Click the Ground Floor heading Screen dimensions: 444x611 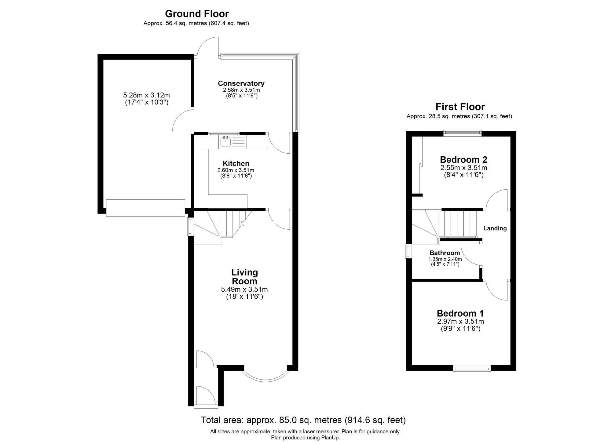tap(197, 14)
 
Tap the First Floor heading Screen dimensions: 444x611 tap(460, 107)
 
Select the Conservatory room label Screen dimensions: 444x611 tap(241, 83)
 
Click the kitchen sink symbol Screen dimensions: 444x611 tap(225, 142)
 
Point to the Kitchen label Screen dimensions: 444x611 tap(236, 163)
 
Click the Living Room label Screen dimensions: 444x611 tap(244, 277)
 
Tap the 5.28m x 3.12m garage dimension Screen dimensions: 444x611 tap(146, 95)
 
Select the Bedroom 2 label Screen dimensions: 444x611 tap(463, 159)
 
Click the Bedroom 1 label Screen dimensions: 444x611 tap(460, 313)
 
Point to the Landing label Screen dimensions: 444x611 tap(495, 228)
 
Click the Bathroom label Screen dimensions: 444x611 tap(445, 253)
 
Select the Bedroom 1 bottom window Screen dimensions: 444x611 tap(472, 369)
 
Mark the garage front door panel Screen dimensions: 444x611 tap(145, 208)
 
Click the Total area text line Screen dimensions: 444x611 tap(303, 420)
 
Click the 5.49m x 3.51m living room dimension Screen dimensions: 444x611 tap(244, 289)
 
